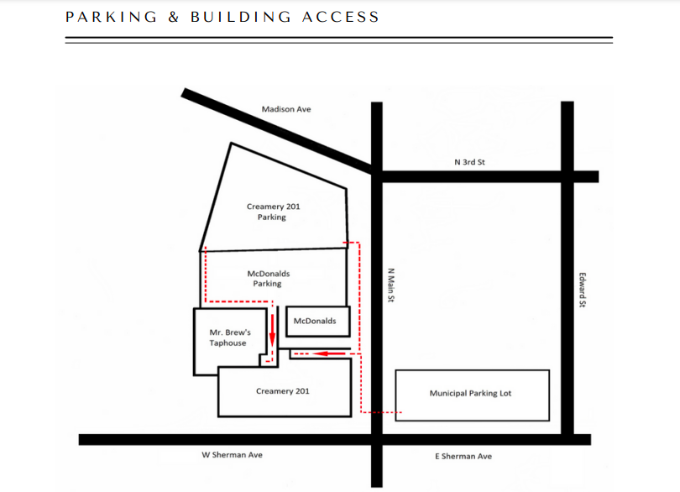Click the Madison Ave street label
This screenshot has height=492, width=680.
[x=286, y=109]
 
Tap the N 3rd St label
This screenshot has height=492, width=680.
[x=469, y=162]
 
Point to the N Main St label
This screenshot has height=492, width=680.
[x=390, y=285]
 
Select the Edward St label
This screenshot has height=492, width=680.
[x=583, y=290]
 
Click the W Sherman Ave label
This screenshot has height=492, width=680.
[x=232, y=455]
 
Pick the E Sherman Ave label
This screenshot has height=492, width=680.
[x=463, y=456]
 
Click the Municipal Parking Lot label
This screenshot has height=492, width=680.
[x=470, y=394]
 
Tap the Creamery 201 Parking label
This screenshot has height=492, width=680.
[x=273, y=212]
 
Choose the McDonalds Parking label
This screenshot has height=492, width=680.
[x=269, y=279]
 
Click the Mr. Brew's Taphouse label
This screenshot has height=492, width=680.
[x=230, y=338]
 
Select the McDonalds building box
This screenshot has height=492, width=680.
[x=318, y=322]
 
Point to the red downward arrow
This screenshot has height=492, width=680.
[x=272, y=331]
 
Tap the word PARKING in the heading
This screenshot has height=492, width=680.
[x=111, y=17]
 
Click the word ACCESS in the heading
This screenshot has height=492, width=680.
[x=341, y=17]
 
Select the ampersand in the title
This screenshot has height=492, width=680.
[x=174, y=17]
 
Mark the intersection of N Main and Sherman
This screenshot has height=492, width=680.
[x=377, y=439]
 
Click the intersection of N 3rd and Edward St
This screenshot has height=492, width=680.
[x=568, y=176]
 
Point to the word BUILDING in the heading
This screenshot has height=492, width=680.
[x=241, y=17]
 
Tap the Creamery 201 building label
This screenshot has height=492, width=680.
[x=283, y=391]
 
